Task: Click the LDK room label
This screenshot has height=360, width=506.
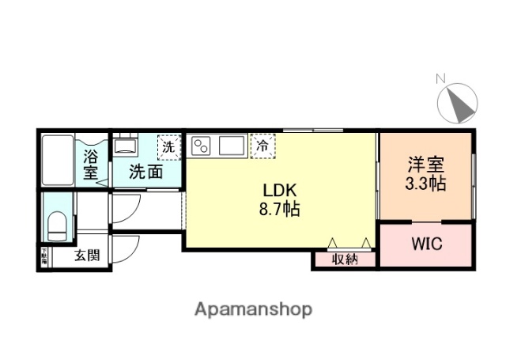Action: click(x=280, y=191)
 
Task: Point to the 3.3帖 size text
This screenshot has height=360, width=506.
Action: click(x=425, y=184)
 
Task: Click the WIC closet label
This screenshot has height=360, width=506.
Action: click(x=425, y=244)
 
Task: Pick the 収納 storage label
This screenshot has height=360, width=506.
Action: click(x=345, y=259)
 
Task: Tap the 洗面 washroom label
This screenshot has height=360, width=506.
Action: click(x=146, y=171)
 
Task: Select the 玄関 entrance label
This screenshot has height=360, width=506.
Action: click(x=87, y=255)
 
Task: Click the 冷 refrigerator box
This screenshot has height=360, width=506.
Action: click(x=262, y=146)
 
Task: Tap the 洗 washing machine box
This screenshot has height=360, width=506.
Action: click(x=168, y=146)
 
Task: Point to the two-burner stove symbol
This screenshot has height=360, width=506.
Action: click(x=202, y=146)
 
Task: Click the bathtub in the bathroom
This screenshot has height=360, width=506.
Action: click(x=58, y=160)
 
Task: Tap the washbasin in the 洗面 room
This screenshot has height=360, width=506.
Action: click(x=124, y=147)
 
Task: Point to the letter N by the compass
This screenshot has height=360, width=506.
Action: click(x=441, y=78)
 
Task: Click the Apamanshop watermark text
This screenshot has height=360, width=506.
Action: click(x=253, y=309)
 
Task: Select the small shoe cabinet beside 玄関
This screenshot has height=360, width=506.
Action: click(x=44, y=256)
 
